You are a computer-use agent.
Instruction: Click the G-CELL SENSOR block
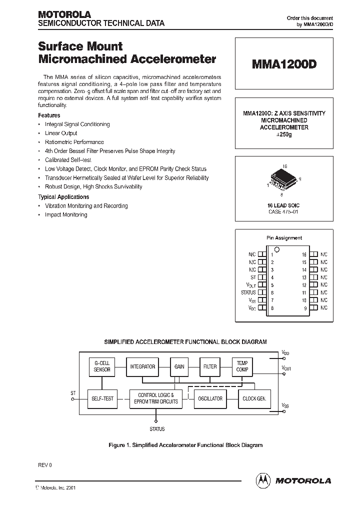pos(102,366)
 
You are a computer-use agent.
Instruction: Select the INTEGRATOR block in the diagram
pos(142,366)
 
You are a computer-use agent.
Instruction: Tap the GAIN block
pos(179,366)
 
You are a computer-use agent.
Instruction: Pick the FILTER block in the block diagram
pos(210,366)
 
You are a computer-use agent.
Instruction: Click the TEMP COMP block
pos(242,366)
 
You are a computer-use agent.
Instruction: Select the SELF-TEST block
pos(102,398)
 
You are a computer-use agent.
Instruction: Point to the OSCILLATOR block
pos(210,398)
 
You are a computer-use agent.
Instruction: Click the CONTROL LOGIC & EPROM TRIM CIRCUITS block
pos(158,398)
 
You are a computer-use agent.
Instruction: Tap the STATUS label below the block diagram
pos(157,429)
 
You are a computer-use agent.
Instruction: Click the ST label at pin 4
pos(253,277)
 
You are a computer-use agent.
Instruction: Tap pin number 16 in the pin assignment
pos(304,254)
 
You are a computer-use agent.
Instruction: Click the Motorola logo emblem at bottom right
pos(262,480)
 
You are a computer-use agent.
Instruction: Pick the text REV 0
pos(45,465)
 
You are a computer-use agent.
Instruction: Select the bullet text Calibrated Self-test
pos(68,160)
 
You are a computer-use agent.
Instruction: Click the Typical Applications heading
pos(63,197)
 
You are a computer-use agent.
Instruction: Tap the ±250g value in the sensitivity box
pos(283,135)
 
